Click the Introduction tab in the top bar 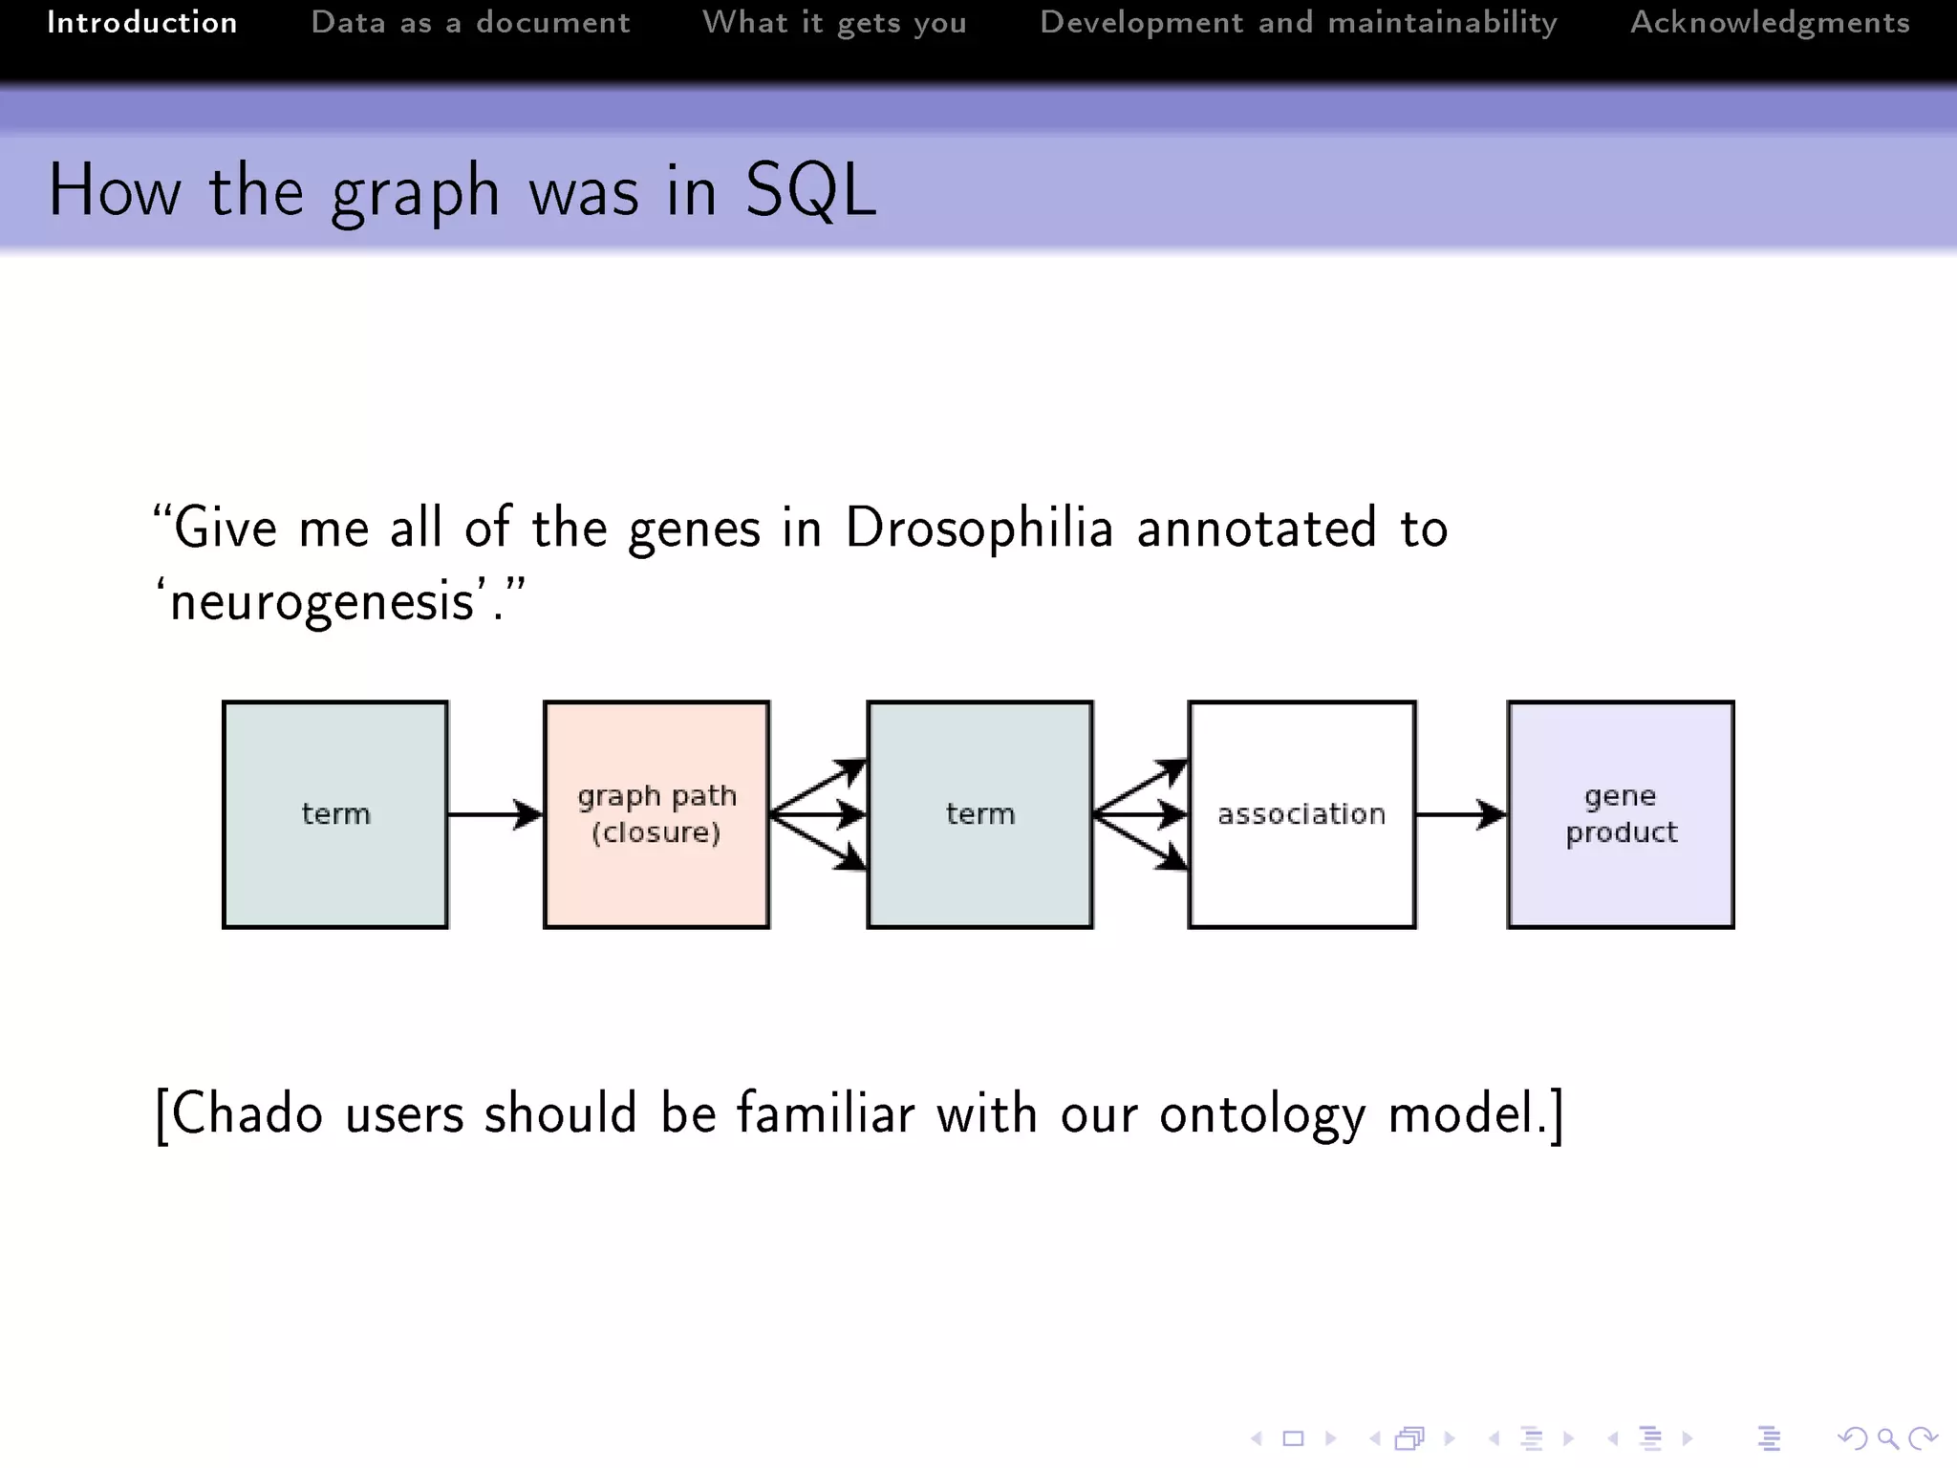point(142,23)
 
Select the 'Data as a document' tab point(470,23)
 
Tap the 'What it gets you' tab point(834,23)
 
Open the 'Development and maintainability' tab point(1298,23)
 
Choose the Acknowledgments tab point(1770,23)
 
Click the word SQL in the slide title point(809,191)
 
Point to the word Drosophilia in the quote point(979,529)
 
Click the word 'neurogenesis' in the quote point(323,602)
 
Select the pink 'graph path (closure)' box point(656,814)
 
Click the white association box point(1301,814)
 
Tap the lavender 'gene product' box point(1621,814)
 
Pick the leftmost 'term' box point(335,814)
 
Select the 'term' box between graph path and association point(979,814)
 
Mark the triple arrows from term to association point(1141,814)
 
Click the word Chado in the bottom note point(247,1114)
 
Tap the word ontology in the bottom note point(1262,1114)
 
